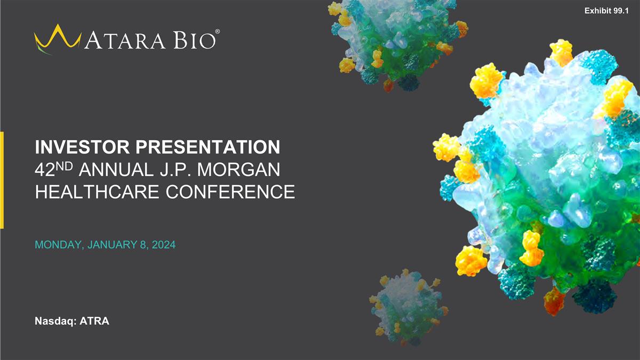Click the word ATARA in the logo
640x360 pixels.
click(126, 41)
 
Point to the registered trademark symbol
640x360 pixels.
click(215, 32)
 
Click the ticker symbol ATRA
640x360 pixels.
click(94, 321)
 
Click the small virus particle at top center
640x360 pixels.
click(395, 45)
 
